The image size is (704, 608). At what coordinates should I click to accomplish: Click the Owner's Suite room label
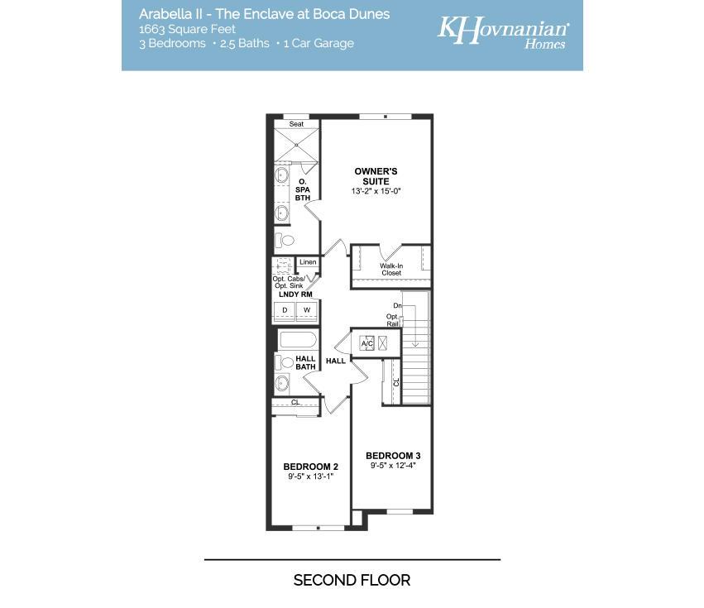click(x=376, y=176)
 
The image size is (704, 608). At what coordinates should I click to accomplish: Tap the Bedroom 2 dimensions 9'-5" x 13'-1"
click(x=311, y=476)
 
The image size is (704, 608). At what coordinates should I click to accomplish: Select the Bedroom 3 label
click(x=393, y=456)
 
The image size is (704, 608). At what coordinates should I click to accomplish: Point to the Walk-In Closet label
click(x=391, y=270)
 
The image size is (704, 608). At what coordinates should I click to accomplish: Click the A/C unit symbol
click(x=366, y=343)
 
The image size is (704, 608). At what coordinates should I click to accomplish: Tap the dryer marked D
click(x=285, y=310)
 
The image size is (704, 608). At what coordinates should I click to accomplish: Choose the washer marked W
click(x=307, y=310)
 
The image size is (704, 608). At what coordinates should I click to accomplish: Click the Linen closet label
click(x=308, y=261)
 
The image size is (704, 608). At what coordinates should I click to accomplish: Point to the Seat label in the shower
click(x=296, y=124)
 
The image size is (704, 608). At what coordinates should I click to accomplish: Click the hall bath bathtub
click(x=298, y=340)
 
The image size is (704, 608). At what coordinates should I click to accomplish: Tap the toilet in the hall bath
click(x=284, y=362)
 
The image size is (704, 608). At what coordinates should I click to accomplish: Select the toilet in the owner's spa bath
click(x=285, y=241)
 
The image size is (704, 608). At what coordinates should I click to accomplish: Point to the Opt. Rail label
click(x=392, y=320)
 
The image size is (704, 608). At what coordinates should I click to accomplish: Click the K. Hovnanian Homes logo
click(x=503, y=32)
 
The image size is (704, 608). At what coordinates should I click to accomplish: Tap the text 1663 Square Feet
click(x=187, y=29)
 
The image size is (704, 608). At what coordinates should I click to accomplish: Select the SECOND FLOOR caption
click(x=352, y=580)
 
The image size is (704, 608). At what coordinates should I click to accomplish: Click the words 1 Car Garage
click(x=318, y=44)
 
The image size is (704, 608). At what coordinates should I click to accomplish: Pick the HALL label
click(x=335, y=361)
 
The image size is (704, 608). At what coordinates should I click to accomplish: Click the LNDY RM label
click(x=295, y=294)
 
